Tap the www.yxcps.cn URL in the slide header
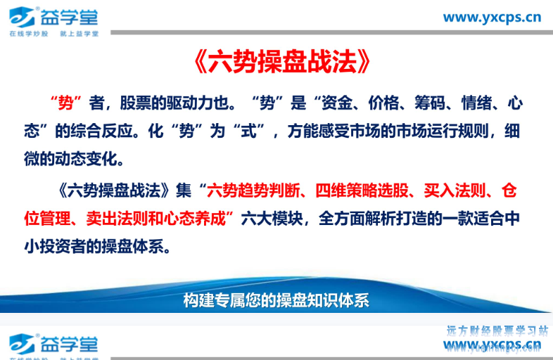[x=492, y=17]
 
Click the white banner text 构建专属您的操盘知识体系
[x=276, y=301]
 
